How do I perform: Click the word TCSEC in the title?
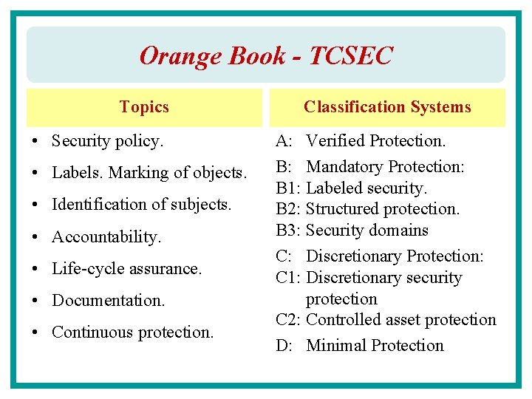[x=352, y=55]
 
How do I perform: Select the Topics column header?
[x=144, y=107]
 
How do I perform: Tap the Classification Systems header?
[x=387, y=107]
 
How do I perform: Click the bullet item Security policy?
[x=108, y=140]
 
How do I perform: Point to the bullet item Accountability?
[x=106, y=236]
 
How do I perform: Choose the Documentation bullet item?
[x=109, y=300]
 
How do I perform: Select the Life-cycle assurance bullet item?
[x=126, y=268]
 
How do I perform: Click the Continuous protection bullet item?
[x=132, y=332]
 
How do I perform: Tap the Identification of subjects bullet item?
[x=142, y=204]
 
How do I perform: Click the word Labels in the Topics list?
[x=78, y=173]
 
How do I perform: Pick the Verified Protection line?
[x=375, y=140]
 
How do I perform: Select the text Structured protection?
[x=382, y=209]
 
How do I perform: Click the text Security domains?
[x=366, y=230]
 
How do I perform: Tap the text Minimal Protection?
[x=375, y=345]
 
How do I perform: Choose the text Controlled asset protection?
[x=400, y=319]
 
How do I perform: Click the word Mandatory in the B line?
[x=344, y=167]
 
